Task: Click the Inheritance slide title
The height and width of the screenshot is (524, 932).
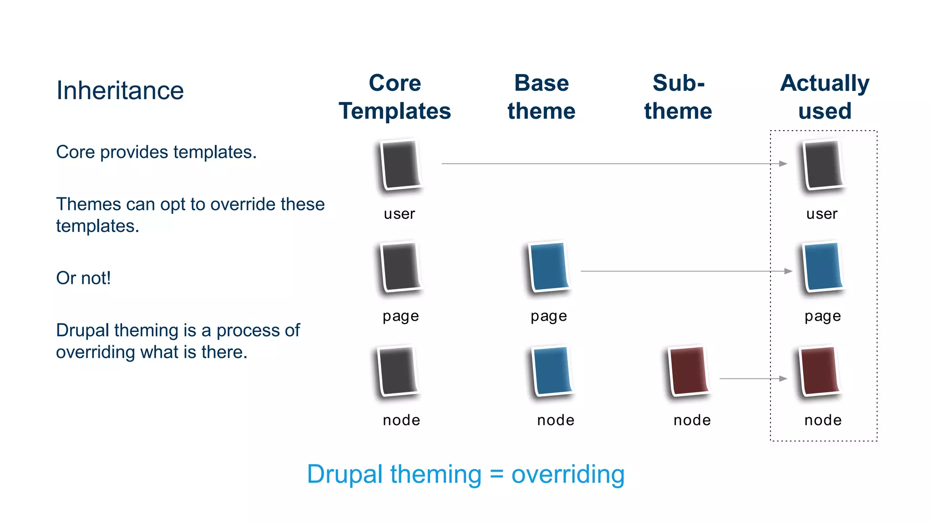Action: (120, 91)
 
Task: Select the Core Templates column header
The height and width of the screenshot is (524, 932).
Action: (395, 97)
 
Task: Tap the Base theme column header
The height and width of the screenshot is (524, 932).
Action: (542, 97)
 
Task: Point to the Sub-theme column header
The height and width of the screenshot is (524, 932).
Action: (678, 97)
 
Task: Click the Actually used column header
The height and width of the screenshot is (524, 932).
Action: (825, 97)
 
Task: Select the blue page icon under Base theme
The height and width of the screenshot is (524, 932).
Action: (549, 267)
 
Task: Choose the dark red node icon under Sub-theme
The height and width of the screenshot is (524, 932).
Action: (689, 371)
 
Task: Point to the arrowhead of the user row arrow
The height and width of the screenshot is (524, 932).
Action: (783, 164)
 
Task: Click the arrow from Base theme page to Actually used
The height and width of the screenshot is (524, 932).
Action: (683, 271)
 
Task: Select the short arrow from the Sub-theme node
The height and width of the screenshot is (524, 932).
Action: (751, 378)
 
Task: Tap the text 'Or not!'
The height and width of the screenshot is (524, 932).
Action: (83, 278)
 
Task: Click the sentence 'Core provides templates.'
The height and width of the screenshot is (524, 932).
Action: (156, 152)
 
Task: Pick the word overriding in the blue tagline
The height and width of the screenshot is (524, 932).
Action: (568, 474)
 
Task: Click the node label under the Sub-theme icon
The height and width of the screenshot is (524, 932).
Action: (692, 420)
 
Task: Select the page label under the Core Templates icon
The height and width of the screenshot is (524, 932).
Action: (400, 316)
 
